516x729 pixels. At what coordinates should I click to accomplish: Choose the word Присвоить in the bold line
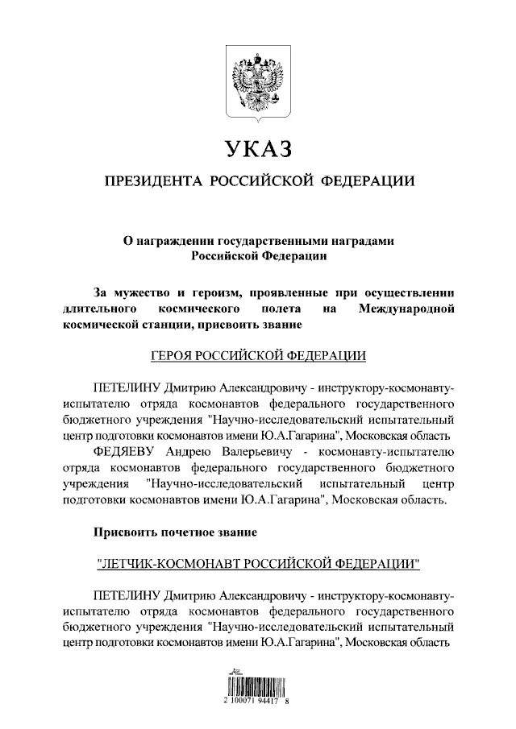point(125,532)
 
